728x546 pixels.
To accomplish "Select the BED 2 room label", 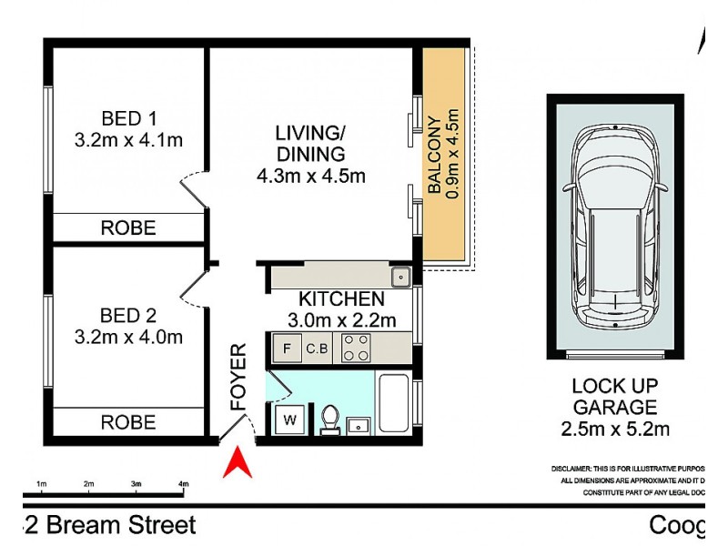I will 128,316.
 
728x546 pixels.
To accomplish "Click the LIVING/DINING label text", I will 310,144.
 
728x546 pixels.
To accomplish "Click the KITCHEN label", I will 341,299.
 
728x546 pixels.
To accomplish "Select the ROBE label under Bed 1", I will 127,227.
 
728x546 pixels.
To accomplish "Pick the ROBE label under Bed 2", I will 127,422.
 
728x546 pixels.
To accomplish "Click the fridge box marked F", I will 287,348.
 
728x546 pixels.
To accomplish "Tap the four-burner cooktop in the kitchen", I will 355,348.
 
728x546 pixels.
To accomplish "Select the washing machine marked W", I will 291,420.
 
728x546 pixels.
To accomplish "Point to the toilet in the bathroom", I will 330,420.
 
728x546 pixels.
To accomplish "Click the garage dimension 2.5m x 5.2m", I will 614,429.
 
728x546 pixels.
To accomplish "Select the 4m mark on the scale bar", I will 183,483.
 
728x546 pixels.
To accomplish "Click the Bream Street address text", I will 109,525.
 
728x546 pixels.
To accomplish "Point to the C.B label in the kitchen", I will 317,348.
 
